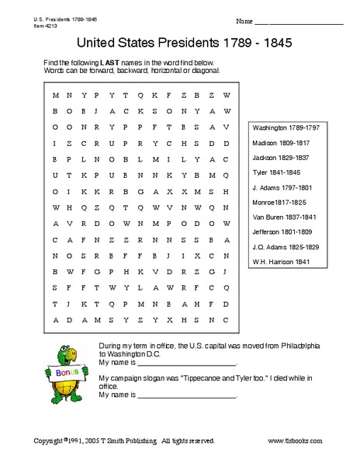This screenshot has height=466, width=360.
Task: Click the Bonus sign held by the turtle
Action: click(x=67, y=374)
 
